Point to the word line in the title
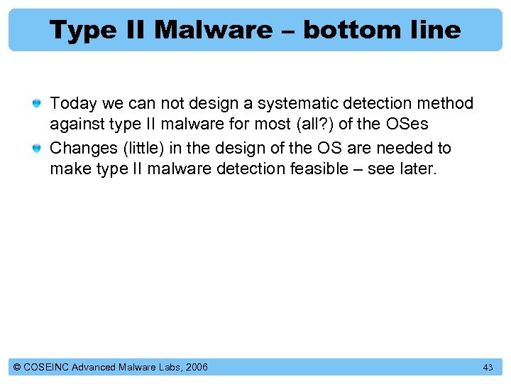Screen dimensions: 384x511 tap(434, 30)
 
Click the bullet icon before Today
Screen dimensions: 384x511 tap(39, 104)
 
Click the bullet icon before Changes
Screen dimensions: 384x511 tap(39, 149)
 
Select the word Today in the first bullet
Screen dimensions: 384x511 tap(73, 104)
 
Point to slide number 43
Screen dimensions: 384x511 tap(488, 367)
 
